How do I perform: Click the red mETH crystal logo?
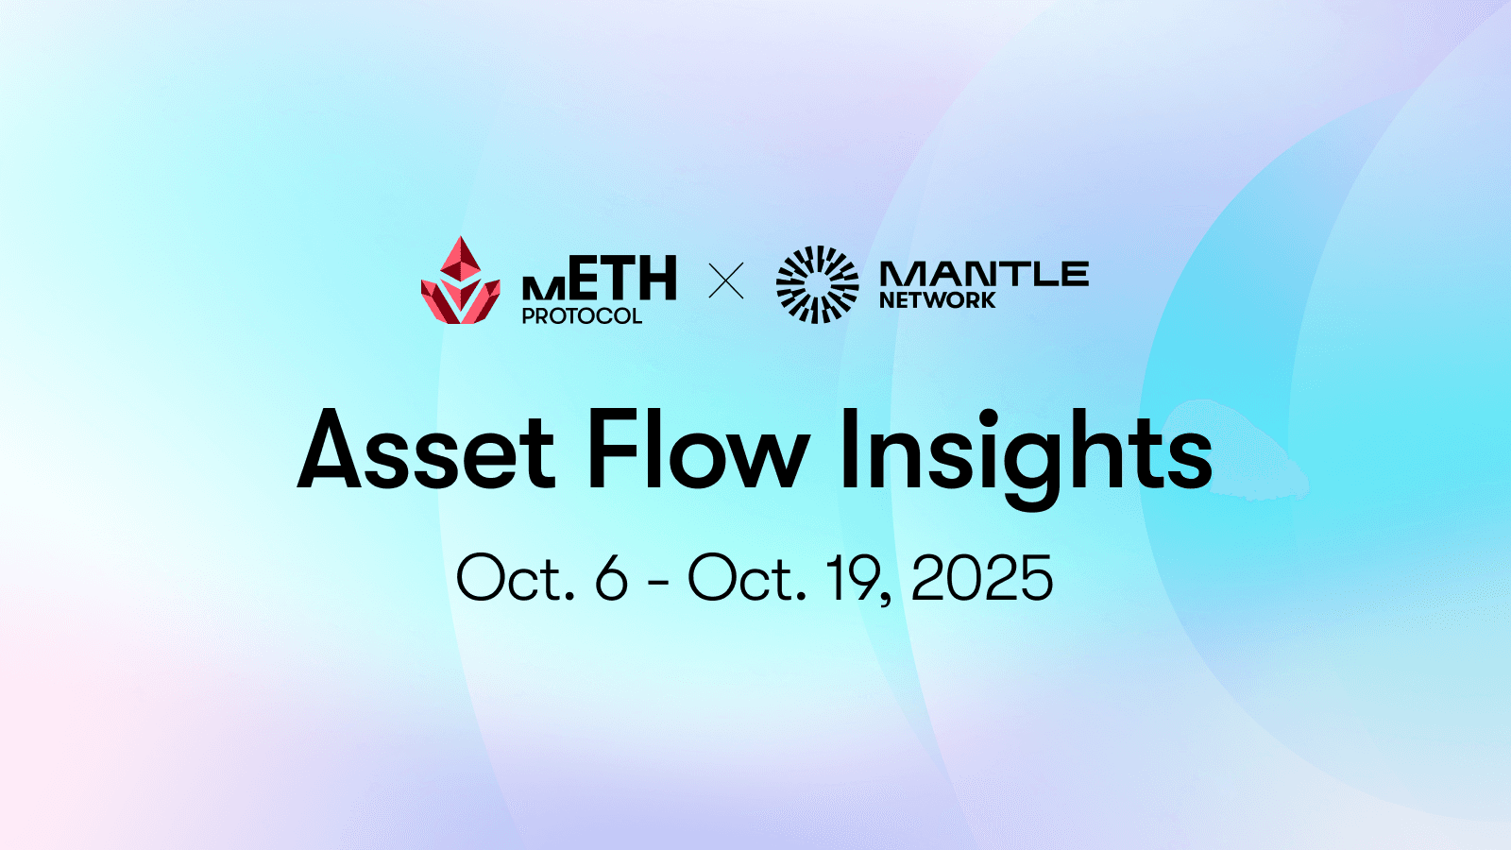pos(460,280)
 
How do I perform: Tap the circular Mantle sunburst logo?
pos(818,284)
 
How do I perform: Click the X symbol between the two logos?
pos(726,281)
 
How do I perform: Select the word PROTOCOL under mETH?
pos(582,316)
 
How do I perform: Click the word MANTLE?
pos(984,274)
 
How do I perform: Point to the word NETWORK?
pos(937,300)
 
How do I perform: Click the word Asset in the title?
pos(426,450)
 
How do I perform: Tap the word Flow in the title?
pos(697,450)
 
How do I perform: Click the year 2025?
pos(982,578)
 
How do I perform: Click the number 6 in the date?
pos(611,578)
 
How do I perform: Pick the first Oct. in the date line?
pos(516,578)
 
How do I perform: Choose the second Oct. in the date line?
pos(747,578)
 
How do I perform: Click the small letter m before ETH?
pos(544,288)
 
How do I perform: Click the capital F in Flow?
pos(610,450)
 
